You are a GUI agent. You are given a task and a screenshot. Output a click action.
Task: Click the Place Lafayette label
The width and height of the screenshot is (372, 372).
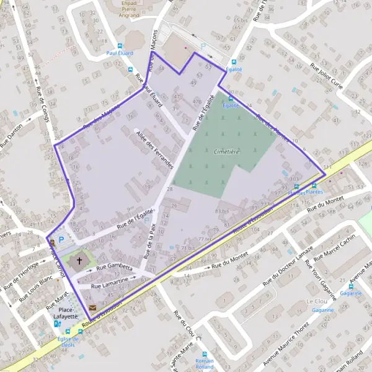pyautogui.click(x=66, y=312)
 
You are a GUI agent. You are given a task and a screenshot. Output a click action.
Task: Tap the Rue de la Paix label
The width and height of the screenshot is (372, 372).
pyautogui.click(x=149, y=241)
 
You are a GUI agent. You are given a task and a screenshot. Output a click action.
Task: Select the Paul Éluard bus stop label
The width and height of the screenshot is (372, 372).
pyautogui.click(x=120, y=53)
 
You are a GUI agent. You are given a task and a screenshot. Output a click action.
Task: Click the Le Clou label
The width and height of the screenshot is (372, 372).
pyautogui.click(x=317, y=301)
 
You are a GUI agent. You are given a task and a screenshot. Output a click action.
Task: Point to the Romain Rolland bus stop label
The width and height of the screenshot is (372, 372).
pyautogui.click(x=204, y=364)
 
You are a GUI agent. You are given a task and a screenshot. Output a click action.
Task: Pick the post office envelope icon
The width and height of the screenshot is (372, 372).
pyautogui.click(x=92, y=308)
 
